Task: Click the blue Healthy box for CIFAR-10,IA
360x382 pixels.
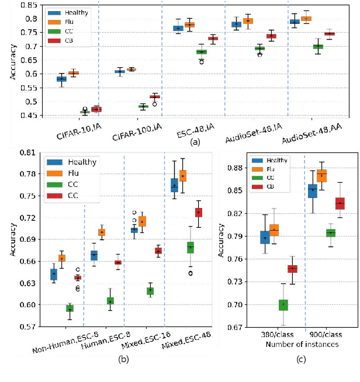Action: click(61, 78)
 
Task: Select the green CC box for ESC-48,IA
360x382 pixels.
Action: click(202, 51)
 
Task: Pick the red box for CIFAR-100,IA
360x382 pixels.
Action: click(154, 96)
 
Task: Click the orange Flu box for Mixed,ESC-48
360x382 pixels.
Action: click(182, 175)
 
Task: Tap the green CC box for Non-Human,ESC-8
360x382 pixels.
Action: click(70, 308)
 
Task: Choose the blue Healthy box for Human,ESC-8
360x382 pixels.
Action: click(94, 255)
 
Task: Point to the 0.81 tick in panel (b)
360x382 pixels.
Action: click(25, 152)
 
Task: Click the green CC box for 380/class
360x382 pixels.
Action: click(283, 305)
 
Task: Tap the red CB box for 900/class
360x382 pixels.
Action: click(340, 203)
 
